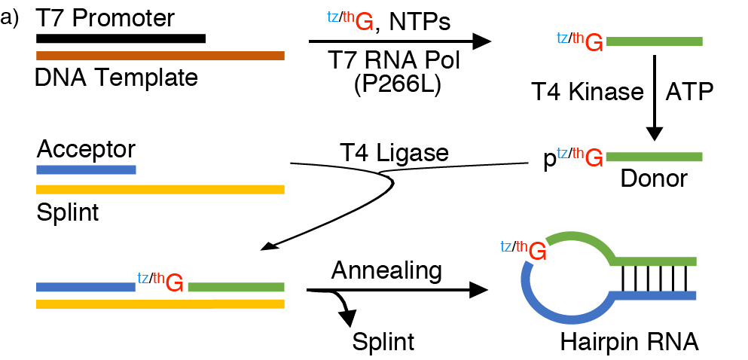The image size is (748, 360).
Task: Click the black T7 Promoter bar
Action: coord(121,38)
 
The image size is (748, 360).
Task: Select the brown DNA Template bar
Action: coord(160,55)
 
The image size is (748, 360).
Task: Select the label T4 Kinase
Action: coord(588,92)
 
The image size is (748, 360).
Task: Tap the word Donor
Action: coord(654,178)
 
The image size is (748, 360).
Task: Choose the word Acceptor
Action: coord(87,150)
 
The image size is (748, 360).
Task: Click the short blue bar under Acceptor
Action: coord(86,169)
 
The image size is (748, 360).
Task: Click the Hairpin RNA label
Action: coord(630,343)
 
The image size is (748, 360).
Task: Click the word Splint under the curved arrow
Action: coord(383,343)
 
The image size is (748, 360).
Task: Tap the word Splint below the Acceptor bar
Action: coord(68,212)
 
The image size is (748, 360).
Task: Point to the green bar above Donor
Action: coord(654,157)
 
